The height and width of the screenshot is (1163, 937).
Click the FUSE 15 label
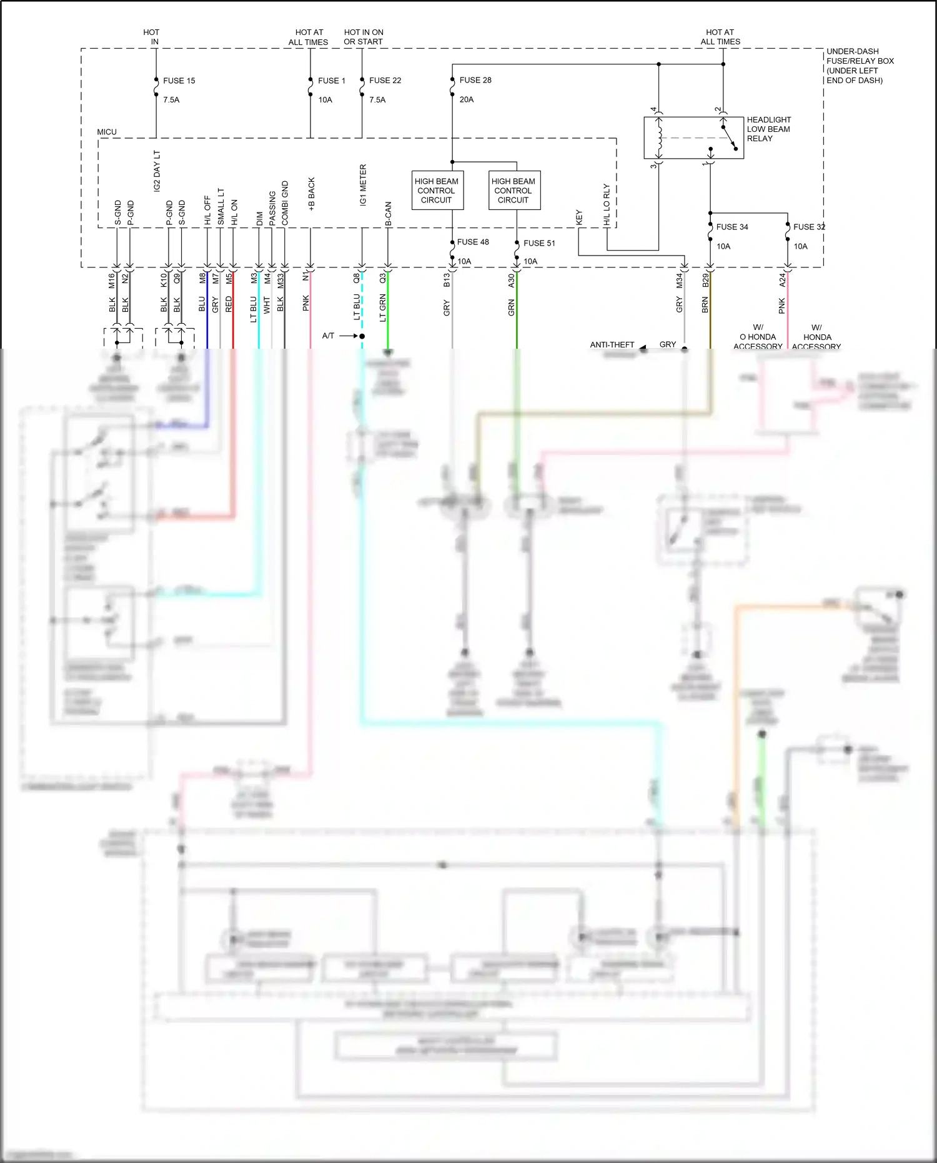pyautogui.click(x=179, y=81)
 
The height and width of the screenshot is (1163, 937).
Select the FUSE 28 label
pyautogui.click(x=475, y=80)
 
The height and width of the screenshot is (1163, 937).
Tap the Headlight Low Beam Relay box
pyautogui.click(x=693, y=137)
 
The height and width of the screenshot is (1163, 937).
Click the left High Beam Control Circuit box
pyautogui.click(x=437, y=191)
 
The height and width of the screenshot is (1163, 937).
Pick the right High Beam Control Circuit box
pyautogui.click(x=514, y=191)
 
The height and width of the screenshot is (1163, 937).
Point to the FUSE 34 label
pyautogui.click(x=731, y=227)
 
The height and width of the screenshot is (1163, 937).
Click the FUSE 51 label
pyautogui.click(x=539, y=243)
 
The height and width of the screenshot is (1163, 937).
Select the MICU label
pyautogui.click(x=107, y=132)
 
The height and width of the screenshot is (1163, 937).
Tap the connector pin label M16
pyautogui.click(x=112, y=280)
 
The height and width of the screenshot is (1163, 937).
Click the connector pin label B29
pyautogui.click(x=705, y=280)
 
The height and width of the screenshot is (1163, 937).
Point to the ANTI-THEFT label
pyautogui.click(x=612, y=345)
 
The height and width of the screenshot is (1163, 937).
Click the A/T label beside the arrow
pyautogui.click(x=328, y=336)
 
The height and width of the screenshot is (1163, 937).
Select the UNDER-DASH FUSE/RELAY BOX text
pyautogui.click(x=860, y=66)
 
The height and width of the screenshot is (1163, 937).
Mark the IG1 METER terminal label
pyautogui.click(x=363, y=185)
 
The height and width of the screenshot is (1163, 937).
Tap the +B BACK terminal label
pyautogui.click(x=311, y=194)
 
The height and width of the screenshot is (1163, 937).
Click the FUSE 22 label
pyautogui.click(x=385, y=81)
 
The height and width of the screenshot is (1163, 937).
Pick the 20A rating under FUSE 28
pyautogui.click(x=467, y=99)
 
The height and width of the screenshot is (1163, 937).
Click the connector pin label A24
pyautogui.click(x=782, y=280)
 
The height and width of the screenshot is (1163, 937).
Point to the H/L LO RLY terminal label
pyautogui.click(x=606, y=204)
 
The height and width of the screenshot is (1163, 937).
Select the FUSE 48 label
pyautogui.click(x=473, y=242)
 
